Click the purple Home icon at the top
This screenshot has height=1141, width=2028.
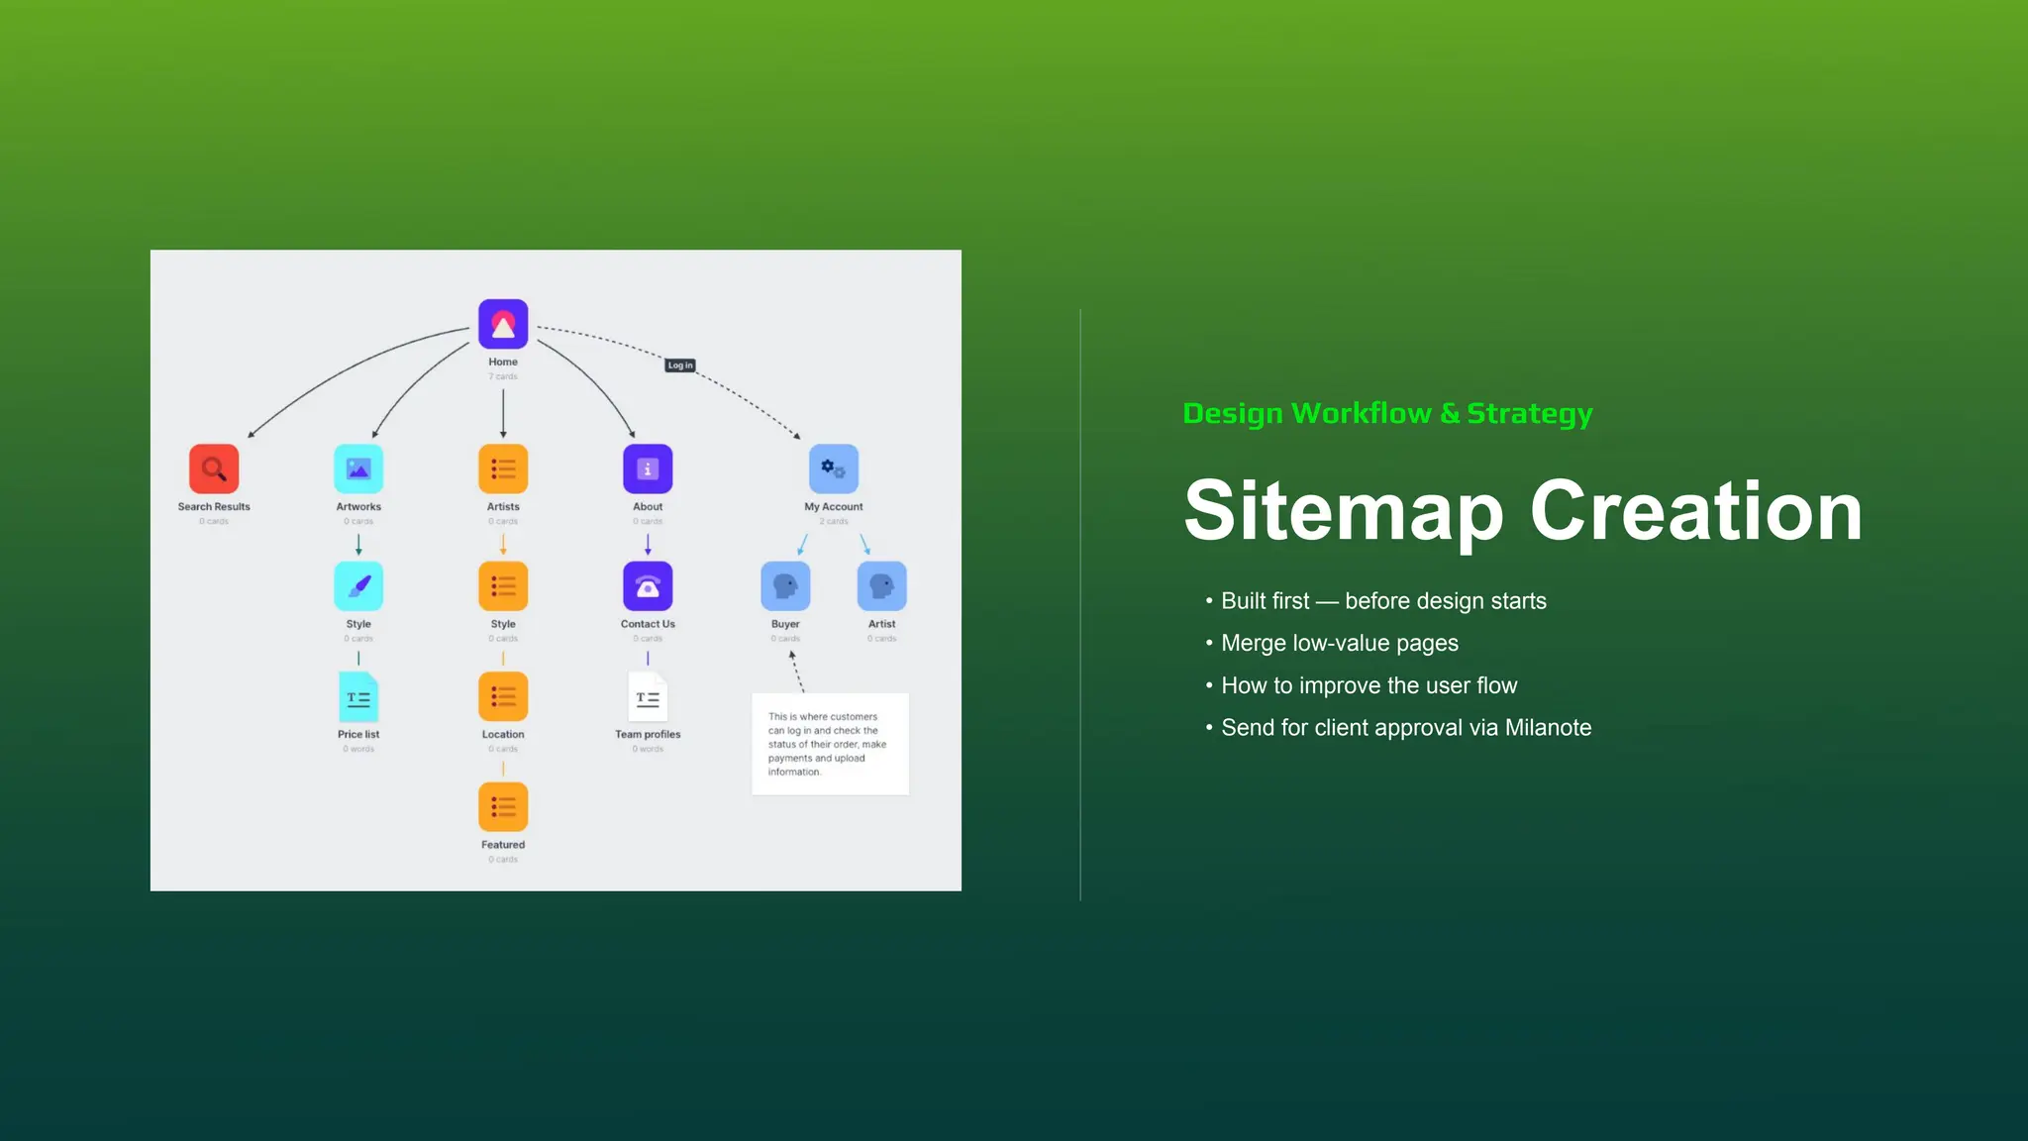[503, 324]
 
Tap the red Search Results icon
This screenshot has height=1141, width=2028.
[214, 468]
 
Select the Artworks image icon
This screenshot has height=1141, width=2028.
[358, 468]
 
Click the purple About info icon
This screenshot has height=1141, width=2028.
[648, 468]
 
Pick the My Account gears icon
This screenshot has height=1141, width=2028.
[834, 468]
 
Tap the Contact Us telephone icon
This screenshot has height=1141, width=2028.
[648, 586]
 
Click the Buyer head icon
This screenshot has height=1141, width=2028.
[785, 586]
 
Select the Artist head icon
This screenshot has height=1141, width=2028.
[881, 586]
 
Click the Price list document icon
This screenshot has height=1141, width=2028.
[358, 697]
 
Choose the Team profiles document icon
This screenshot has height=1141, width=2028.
[648, 697]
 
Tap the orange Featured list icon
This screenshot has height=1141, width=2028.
[503, 807]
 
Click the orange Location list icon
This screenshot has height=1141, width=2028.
[503, 696]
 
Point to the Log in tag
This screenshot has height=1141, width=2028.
[680, 365]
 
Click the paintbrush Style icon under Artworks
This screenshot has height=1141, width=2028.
[358, 586]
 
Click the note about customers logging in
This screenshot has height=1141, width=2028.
[830, 744]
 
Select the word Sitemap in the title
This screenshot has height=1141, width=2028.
[1343, 512]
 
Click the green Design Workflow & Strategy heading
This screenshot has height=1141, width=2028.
[1387, 413]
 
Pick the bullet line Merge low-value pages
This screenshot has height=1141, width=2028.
[1339, 644]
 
